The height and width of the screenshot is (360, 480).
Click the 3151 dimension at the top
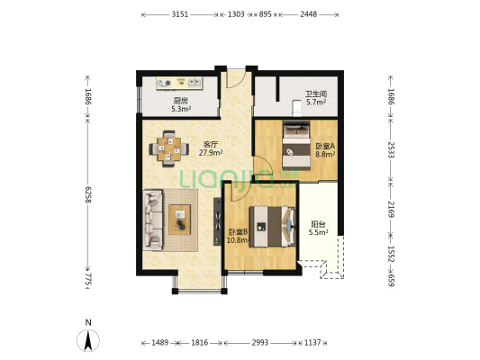(180, 14)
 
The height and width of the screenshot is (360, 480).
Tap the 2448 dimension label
(308, 14)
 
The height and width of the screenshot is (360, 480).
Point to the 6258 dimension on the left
(88, 194)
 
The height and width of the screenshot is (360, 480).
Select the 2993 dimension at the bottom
(260, 343)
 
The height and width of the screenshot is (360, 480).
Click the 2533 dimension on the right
(391, 149)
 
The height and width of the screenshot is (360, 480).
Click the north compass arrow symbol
(88, 340)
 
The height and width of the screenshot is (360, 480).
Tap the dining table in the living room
(168, 149)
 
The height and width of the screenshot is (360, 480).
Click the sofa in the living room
(152, 220)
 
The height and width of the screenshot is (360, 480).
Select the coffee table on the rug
(180, 220)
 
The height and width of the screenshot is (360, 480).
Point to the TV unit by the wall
(217, 220)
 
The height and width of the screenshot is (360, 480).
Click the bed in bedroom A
(296, 146)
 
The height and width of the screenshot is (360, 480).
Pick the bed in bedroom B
(273, 227)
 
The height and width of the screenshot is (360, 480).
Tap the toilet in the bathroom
(296, 108)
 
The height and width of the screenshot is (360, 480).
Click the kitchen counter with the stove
(179, 83)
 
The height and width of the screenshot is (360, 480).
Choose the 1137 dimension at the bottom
(312, 343)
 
